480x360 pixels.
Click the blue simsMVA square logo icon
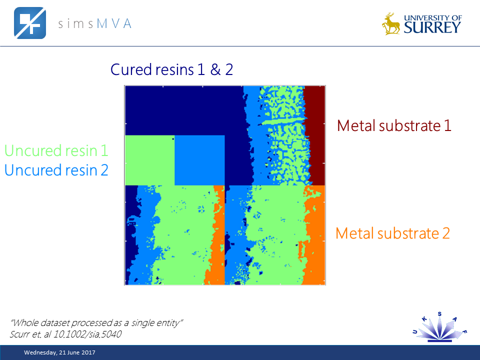(29, 23)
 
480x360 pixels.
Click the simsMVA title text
(94, 23)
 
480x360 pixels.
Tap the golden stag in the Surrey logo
(391, 24)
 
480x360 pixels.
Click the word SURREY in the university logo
(431, 27)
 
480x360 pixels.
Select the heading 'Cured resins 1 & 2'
(171, 69)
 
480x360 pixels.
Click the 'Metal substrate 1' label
(394, 125)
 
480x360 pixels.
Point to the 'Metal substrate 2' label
(392, 233)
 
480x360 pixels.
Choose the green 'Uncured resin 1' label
(56, 150)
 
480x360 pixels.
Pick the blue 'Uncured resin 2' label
(56, 170)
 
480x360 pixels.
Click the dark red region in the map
(314, 135)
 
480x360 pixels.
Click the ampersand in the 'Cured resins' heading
(215, 69)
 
